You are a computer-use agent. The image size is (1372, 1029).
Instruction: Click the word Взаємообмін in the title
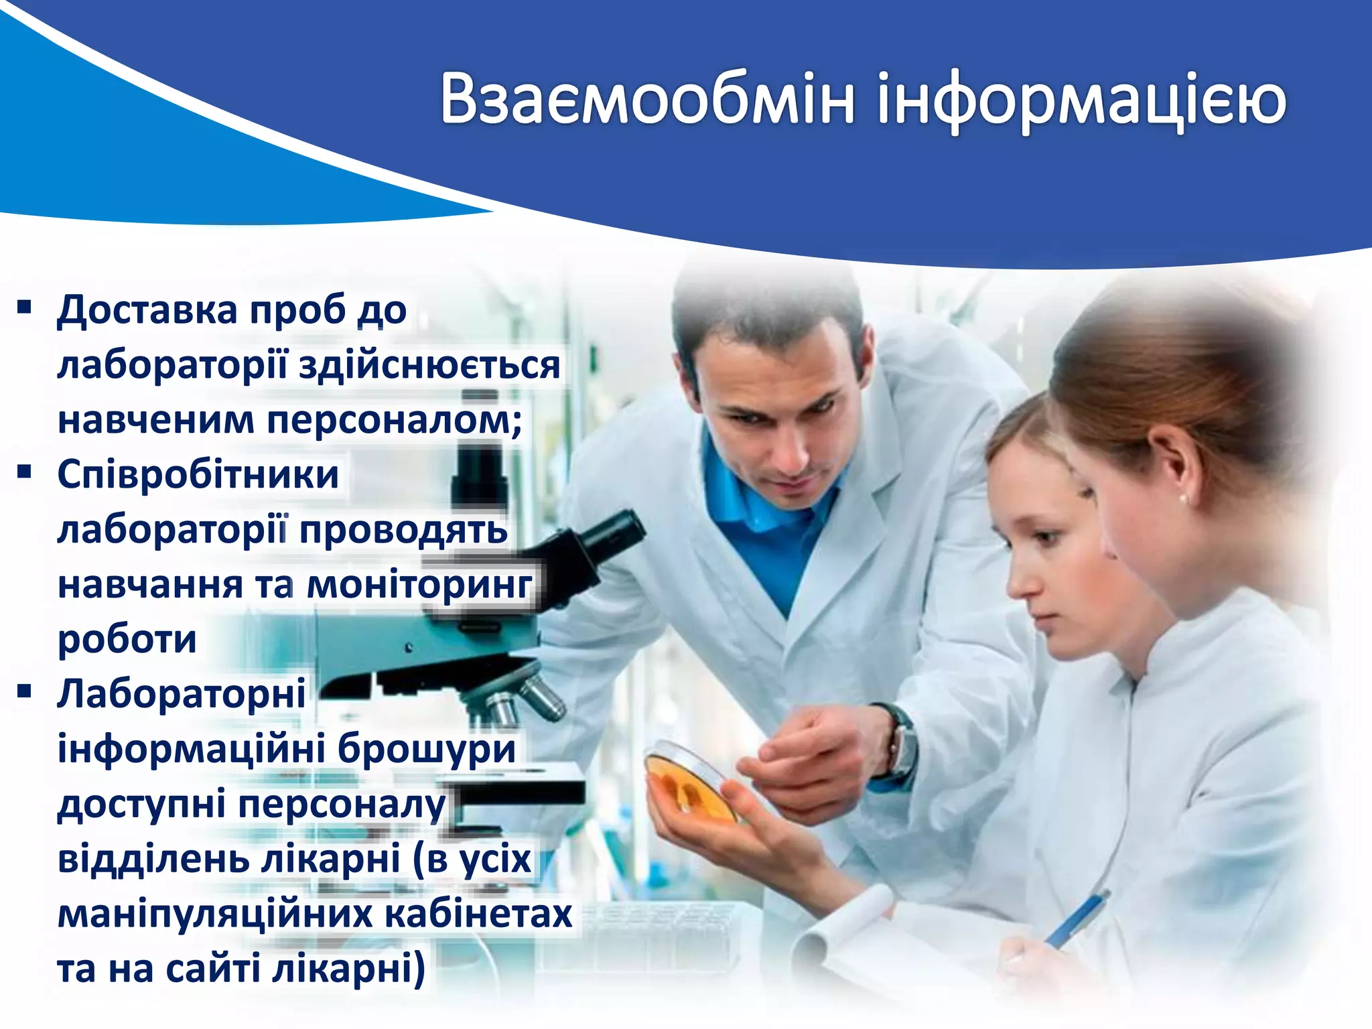[647, 99]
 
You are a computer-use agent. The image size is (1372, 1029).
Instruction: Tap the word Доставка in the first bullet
[147, 310]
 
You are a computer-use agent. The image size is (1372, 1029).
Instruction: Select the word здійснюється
[429, 366]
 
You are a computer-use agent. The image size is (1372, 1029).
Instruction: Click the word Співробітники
[198, 475]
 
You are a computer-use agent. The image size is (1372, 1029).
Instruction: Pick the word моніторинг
[419, 584]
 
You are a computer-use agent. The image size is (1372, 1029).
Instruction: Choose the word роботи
[127, 639]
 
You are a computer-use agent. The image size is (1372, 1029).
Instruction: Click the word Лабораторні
[182, 693]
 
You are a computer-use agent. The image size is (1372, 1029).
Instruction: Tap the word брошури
[427, 748]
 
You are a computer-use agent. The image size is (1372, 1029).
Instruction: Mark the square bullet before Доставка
[25, 307]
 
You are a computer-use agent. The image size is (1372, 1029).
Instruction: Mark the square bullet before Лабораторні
[25, 691]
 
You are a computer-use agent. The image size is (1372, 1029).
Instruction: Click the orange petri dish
[690, 781]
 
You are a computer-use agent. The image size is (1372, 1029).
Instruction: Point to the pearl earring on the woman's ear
[1185, 499]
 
